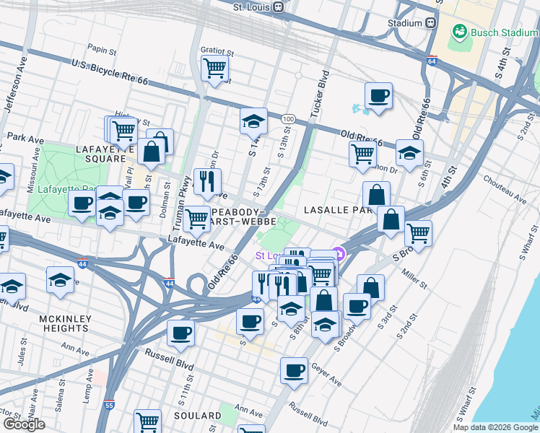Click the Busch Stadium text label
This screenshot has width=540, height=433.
503,32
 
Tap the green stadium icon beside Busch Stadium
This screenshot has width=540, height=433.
458,32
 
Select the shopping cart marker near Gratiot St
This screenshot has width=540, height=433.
214,69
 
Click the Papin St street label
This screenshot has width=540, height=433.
102,51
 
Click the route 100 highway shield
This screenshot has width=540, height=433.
288,118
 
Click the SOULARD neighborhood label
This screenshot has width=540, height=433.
197,416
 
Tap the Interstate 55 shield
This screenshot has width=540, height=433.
109,406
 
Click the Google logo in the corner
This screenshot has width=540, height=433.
24,424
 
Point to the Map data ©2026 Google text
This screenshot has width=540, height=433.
495,427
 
